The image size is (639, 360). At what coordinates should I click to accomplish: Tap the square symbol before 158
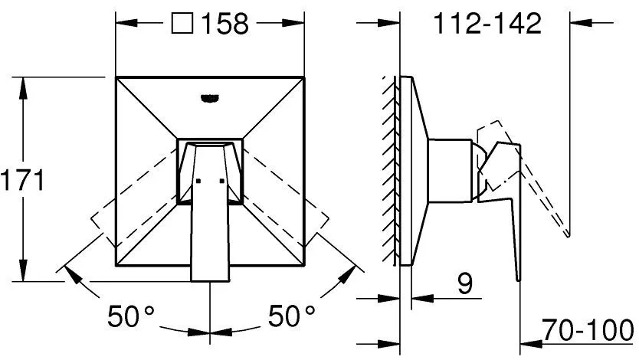point(182,24)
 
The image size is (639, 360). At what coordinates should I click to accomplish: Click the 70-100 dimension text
point(588,330)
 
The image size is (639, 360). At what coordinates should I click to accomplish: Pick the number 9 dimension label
point(464,284)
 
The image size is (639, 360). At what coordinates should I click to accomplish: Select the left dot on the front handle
point(198,182)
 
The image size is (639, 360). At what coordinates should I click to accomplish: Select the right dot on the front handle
point(222,182)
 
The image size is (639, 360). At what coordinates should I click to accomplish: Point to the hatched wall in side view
point(392,169)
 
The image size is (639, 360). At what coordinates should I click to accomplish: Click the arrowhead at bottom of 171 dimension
point(25,276)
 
